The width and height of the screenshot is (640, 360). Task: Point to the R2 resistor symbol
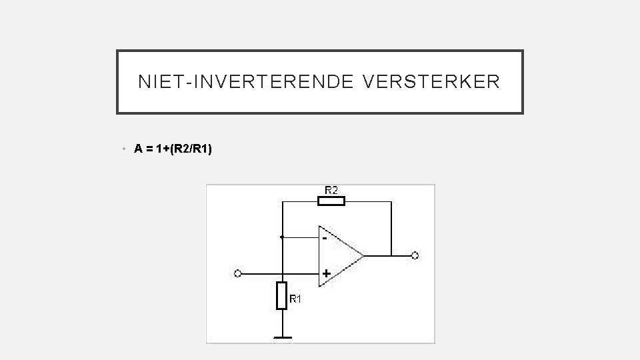331,201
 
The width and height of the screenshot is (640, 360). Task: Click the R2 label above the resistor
331,190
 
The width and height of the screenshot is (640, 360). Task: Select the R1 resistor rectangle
282,295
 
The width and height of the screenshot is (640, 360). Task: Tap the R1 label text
295,300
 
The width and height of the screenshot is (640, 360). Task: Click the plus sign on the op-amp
326,273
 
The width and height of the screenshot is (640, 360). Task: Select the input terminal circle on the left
238,273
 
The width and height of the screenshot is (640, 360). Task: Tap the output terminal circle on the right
415,255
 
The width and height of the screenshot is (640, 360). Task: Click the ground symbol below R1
282,338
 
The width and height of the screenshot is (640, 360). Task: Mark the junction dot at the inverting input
282,237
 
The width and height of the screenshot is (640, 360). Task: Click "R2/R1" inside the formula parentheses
189,149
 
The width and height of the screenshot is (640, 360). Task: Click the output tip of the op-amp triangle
363,255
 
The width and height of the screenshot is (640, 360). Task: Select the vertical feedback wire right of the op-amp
391,227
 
